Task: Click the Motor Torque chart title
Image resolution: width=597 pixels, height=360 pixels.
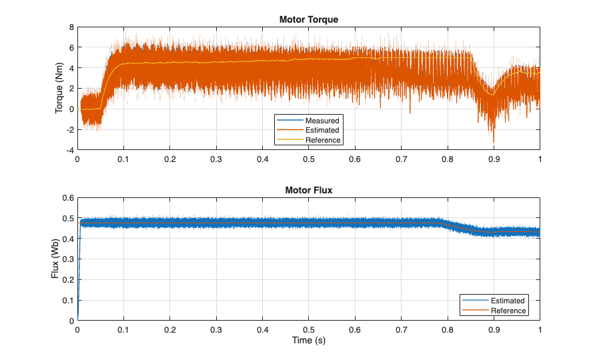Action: click(308, 19)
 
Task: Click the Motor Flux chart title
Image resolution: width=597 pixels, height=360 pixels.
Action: click(308, 190)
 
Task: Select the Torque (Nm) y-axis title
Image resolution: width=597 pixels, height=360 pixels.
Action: click(59, 89)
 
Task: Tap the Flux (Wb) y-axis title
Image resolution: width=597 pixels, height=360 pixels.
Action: click(56, 259)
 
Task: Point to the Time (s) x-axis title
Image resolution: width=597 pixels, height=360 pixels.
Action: click(308, 341)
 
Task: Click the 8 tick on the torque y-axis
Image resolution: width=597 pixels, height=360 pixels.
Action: click(70, 27)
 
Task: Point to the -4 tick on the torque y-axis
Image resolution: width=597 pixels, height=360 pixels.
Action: click(69, 151)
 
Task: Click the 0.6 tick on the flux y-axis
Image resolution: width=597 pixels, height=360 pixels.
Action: click(67, 198)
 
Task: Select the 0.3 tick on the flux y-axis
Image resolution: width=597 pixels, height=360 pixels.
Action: click(67, 259)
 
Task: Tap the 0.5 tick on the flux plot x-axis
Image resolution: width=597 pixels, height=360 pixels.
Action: click(308, 330)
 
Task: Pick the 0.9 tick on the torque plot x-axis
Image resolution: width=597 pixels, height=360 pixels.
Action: click(494, 160)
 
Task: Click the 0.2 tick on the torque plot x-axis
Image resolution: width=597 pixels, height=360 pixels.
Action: click(170, 160)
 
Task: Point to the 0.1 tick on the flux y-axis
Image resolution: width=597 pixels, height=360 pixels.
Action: click(67, 301)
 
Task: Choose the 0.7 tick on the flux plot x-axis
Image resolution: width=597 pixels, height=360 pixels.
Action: click(401, 330)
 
